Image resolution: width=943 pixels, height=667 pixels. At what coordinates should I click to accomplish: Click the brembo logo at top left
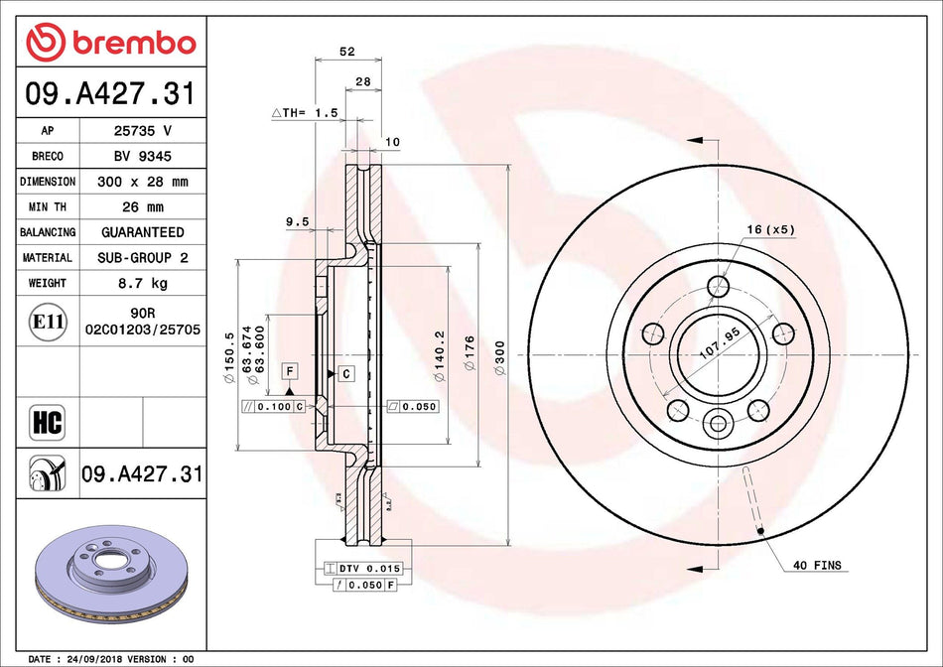coord(111,43)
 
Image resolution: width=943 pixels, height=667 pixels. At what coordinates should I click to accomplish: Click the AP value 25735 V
coord(142,131)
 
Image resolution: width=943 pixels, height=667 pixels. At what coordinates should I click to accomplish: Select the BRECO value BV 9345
coord(142,156)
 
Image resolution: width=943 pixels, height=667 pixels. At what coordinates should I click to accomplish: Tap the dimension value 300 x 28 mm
coord(142,182)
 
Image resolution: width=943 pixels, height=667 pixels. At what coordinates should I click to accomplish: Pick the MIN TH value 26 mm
coord(142,207)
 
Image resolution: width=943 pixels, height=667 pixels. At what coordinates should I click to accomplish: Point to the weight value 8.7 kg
coord(142,283)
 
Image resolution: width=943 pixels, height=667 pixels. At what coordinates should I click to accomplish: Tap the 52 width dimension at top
coord(347,51)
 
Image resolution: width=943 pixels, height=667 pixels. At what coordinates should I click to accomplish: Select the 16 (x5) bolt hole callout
coord(771,229)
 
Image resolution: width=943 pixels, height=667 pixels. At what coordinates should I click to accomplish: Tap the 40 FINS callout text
coord(817,566)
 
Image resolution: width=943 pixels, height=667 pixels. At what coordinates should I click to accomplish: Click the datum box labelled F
coord(290,370)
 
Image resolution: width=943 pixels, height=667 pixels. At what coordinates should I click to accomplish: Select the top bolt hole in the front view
coord(718,287)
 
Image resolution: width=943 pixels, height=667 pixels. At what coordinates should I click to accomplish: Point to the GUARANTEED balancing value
coord(142,232)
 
